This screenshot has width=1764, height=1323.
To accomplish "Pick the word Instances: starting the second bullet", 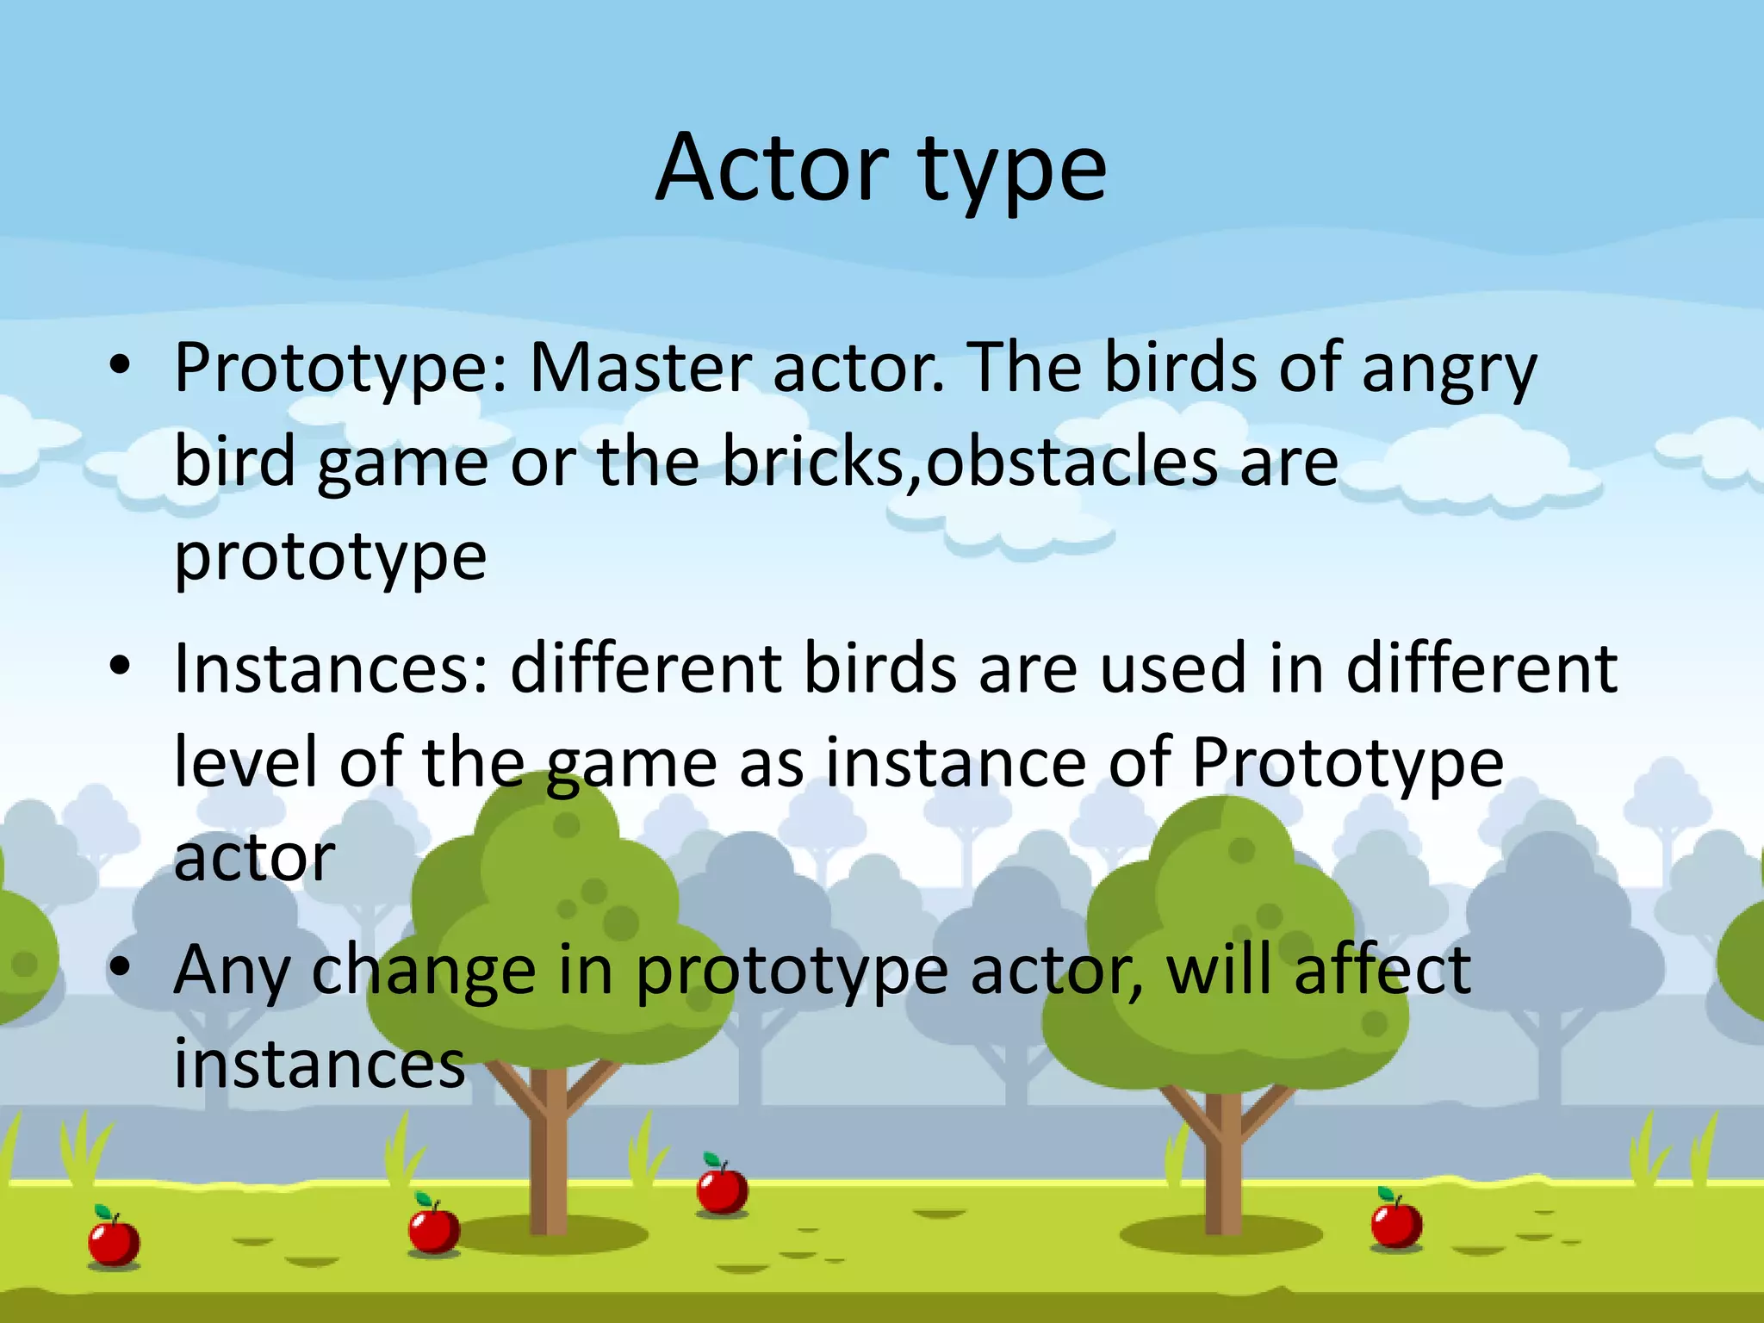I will (x=332, y=668).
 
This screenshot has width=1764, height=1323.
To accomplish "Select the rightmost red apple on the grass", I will (x=1396, y=1221).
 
